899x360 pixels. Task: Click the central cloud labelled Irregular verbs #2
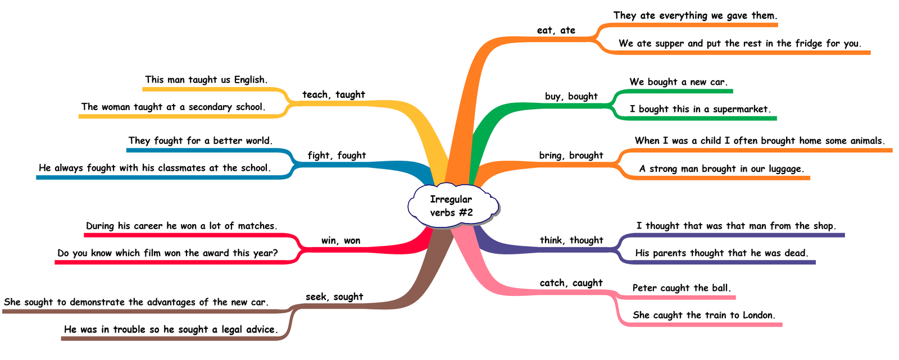[x=451, y=206]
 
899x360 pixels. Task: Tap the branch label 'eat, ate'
[x=556, y=30]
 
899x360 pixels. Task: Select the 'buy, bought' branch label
[x=571, y=96]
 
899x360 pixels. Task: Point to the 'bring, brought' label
[x=571, y=156]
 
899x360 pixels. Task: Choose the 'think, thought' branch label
[x=571, y=240]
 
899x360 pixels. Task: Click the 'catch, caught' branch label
[x=571, y=283]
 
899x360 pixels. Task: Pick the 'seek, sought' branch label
[x=334, y=297]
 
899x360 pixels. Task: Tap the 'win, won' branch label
[x=340, y=241]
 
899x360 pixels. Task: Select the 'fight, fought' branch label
[x=337, y=156]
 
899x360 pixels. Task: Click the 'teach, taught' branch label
[x=334, y=94]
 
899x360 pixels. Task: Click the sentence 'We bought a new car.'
[x=678, y=82]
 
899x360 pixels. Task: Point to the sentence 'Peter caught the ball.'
[x=682, y=288]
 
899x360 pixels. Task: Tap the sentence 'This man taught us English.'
[x=206, y=80]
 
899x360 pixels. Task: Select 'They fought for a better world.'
[x=201, y=140]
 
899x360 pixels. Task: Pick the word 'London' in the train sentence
[x=758, y=315]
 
